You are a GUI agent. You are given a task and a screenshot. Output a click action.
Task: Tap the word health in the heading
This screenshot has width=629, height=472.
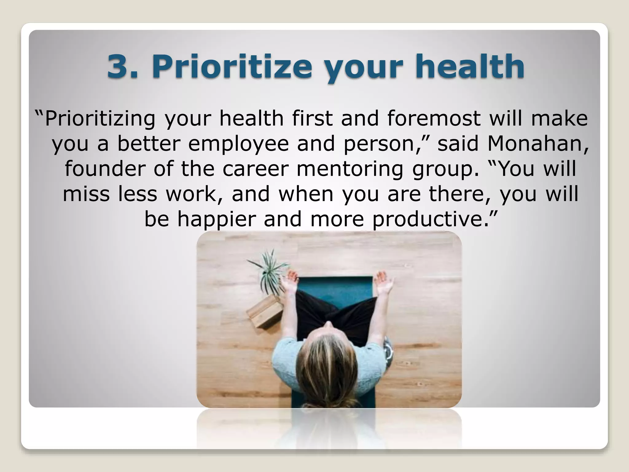pyautogui.click(x=470, y=66)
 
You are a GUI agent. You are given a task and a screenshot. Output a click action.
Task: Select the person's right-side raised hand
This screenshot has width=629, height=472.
pyautogui.click(x=384, y=281)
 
